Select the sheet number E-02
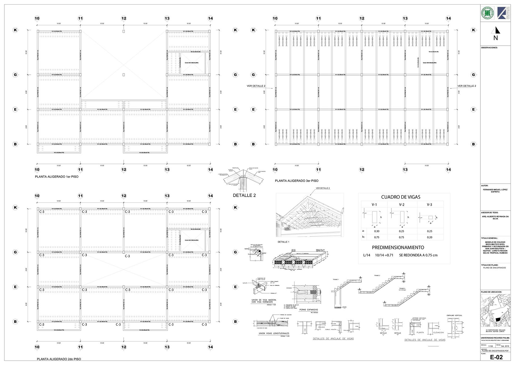[x=496, y=357]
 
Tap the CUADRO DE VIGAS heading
[x=400, y=197]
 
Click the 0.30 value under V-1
[x=377, y=231]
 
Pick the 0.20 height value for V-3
[x=429, y=237]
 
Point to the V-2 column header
[x=402, y=205]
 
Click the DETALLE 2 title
[x=244, y=195]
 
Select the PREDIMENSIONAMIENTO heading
[x=398, y=248]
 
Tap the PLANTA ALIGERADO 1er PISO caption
[x=57, y=177]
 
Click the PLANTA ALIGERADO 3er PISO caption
[x=296, y=181]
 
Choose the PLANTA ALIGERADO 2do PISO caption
[x=59, y=359]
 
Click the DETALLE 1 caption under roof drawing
[x=283, y=242]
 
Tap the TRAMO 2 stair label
[x=377, y=275]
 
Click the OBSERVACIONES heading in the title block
[x=489, y=48]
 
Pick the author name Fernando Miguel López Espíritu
[x=495, y=191]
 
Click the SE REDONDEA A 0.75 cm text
[x=418, y=255]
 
